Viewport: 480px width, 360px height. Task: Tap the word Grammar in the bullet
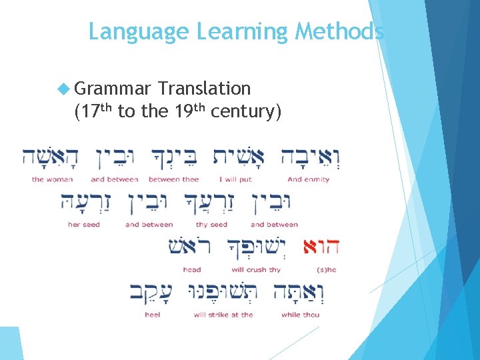pos(113,89)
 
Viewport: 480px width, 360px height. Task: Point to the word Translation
pos(205,89)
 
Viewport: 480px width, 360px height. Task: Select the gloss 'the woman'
pos(52,179)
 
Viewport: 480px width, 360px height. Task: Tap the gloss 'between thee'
pos(173,179)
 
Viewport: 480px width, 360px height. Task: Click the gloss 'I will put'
pos(235,179)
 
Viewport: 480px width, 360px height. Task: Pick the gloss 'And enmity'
pos(309,179)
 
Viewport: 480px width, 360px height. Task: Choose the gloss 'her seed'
pos(84,225)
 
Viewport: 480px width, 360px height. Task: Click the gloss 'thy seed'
pos(211,225)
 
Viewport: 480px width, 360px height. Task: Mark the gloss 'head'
pos(192,270)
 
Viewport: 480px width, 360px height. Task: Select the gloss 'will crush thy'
pos(256,270)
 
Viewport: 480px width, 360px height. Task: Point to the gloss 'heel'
pos(152,315)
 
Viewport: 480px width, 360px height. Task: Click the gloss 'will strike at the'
pos(223,315)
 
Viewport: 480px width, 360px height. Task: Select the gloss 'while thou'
pos(301,315)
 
